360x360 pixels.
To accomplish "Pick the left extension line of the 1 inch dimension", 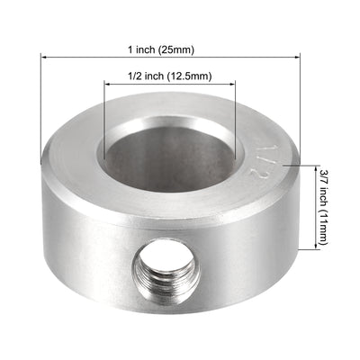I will point(40,108).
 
